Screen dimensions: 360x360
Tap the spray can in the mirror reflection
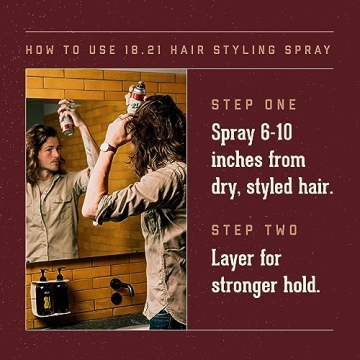coord(67,117)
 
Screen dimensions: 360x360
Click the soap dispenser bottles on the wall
coord(52,290)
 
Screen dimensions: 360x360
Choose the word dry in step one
coord(226,188)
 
